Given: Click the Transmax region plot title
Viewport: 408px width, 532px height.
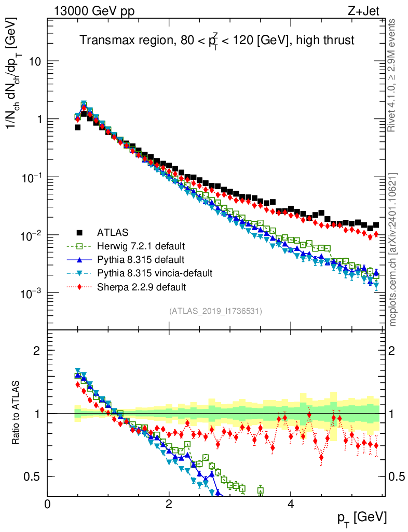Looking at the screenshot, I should pyautogui.click(x=217, y=41).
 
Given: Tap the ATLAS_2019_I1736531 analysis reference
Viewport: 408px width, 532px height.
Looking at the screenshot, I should pyautogui.click(x=215, y=311).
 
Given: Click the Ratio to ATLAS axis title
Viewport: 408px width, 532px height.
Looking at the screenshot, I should pyautogui.click(x=17, y=413).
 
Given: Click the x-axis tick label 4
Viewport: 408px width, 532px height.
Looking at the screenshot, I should pyautogui.click(x=291, y=503).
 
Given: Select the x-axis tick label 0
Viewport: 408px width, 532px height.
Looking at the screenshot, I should pyautogui.click(x=48, y=503).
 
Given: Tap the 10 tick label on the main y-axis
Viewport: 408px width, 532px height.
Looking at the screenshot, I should pyautogui.click(x=34, y=61).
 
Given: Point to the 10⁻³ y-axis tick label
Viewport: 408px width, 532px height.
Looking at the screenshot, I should pyautogui.click(x=31, y=294).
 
